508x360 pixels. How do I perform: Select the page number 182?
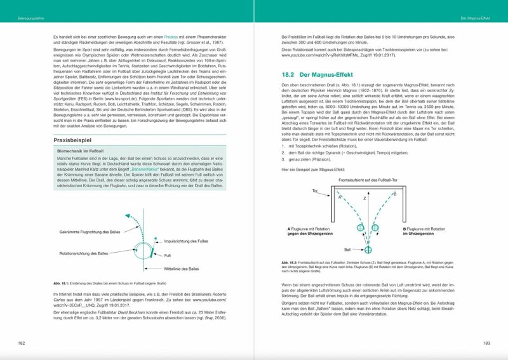[x=21, y=343]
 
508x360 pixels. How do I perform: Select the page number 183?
[x=486, y=343]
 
